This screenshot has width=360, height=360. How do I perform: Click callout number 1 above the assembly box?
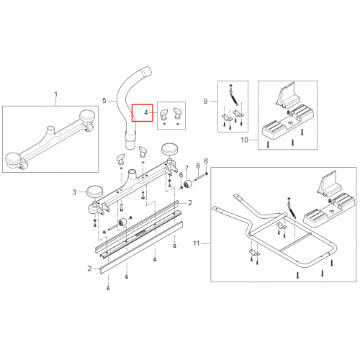click(56, 94)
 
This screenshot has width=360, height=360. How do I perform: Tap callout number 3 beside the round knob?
click(74, 192)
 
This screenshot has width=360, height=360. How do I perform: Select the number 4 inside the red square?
click(146, 112)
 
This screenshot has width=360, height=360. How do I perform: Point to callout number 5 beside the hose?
click(104, 100)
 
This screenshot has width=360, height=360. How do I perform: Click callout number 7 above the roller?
click(186, 169)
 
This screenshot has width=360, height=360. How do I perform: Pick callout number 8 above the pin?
click(198, 166)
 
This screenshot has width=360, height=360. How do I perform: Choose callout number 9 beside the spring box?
click(205, 102)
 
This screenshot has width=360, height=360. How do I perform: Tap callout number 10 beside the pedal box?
click(244, 140)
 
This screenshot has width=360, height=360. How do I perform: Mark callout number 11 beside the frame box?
click(197, 243)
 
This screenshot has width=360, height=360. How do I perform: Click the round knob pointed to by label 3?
click(94, 192)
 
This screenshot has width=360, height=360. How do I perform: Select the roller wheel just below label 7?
click(188, 184)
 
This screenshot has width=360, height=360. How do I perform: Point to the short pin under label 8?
click(199, 178)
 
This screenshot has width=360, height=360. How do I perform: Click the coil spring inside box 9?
click(234, 99)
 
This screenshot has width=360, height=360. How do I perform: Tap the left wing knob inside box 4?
click(164, 114)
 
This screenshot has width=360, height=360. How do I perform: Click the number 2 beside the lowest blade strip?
click(89, 269)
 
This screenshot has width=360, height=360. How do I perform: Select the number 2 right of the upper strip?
click(190, 203)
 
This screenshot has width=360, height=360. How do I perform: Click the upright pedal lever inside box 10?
click(287, 94)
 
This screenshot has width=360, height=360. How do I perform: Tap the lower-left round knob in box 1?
click(14, 160)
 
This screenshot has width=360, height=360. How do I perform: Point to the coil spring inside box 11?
click(292, 210)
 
